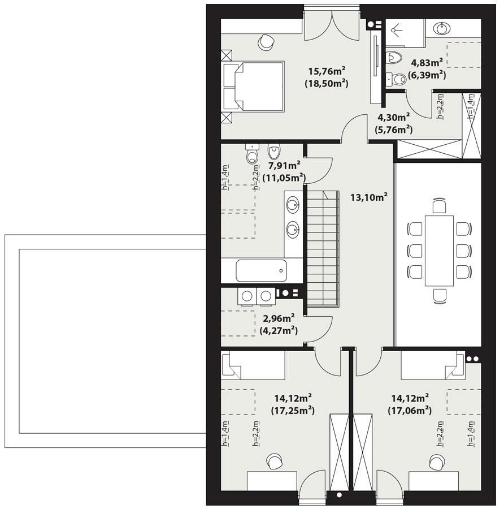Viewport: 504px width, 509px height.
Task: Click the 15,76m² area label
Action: [327, 71]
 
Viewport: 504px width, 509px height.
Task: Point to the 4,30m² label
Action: [393, 118]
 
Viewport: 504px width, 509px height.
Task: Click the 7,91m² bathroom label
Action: [284, 166]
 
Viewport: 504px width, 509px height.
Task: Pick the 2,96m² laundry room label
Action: [279, 319]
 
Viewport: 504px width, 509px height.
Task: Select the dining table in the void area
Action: [439, 250]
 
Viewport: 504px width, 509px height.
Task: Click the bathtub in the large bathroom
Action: [262, 270]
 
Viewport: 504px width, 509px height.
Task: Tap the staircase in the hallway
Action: [323, 249]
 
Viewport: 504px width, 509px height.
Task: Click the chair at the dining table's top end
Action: [439, 205]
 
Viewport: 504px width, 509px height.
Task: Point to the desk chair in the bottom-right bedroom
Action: [436, 462]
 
